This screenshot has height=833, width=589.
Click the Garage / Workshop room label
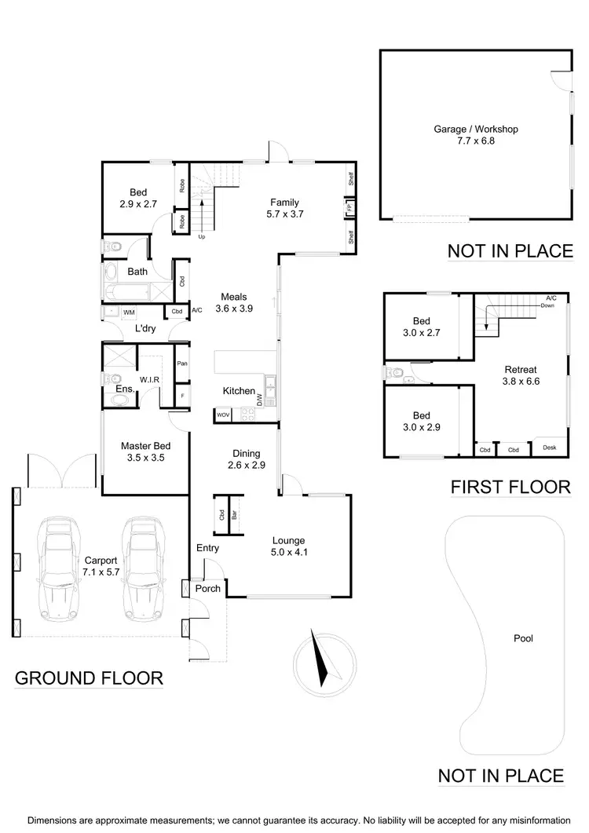[476, 135]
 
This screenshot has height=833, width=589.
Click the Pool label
[523, 638]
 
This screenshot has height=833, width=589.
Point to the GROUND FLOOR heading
[89, 678]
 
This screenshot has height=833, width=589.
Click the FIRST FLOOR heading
[510, 487]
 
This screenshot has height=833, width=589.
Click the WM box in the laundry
[128, 312]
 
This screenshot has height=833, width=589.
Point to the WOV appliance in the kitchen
[223, 415]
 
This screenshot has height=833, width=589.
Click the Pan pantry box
[181, 364]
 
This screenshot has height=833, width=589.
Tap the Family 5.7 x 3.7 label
[285, 207]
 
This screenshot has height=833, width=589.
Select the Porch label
[207, 588]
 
